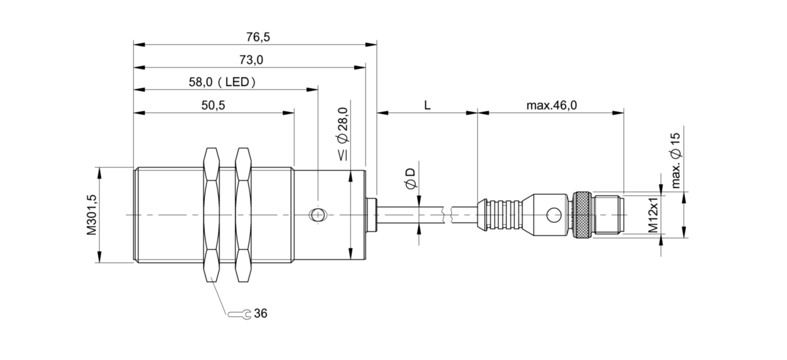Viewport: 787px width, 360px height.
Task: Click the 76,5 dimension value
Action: click(258, 37)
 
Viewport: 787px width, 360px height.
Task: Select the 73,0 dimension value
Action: click(251, 60)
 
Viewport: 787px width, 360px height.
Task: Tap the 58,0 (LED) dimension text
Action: click(222, 82)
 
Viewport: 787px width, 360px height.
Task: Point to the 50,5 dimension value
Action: click(213, 105)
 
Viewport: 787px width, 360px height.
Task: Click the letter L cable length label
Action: click(427, 105)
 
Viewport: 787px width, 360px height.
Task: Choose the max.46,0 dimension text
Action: click(551, 105)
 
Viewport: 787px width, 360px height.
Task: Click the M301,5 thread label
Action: click(92, 215)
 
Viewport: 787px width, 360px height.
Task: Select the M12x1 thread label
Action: click(653, 215)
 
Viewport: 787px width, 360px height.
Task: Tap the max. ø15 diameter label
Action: click(676, 161)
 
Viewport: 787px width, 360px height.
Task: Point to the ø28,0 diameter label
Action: click(343, 134)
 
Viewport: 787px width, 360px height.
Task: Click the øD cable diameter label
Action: click(411, 179)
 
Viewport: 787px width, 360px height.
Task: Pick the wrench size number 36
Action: click(261, 313)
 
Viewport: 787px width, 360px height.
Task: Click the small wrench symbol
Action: click(240, 314)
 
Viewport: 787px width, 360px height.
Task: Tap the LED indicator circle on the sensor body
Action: click(318, 215)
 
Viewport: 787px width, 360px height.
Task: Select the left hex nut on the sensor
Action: click(211, 215)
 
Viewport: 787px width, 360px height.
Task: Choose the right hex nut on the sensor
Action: click(244, 215)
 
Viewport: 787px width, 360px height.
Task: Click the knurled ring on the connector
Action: click(582, 215)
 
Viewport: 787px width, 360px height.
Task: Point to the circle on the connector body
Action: click(554, 215)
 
